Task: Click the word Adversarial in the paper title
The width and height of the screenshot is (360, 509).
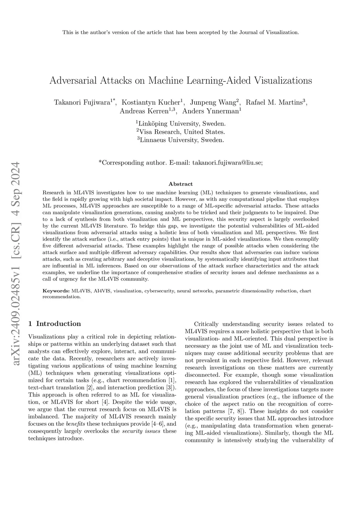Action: (73, 80)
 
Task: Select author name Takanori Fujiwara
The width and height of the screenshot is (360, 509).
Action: (82, 103)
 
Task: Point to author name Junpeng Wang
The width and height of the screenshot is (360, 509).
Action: (213, 103)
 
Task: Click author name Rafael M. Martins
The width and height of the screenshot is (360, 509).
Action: (274, 103)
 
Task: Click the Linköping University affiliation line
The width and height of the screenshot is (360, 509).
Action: (181, 124)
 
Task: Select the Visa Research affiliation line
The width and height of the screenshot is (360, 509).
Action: (181, 132)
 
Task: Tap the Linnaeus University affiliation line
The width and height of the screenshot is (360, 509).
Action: (181, 140)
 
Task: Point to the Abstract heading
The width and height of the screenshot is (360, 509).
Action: (181, 184)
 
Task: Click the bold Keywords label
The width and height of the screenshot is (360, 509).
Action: (56, 291)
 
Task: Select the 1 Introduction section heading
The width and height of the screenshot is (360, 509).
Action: (54, 324)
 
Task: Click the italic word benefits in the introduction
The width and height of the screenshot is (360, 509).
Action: (76, 424)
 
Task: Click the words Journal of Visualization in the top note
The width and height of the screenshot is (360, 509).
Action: (269, 33)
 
